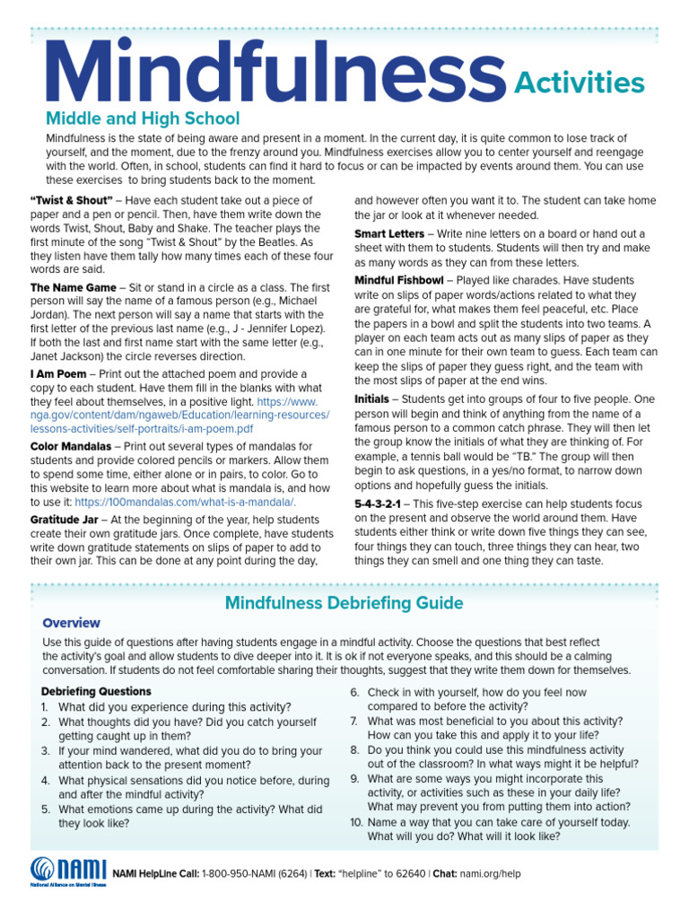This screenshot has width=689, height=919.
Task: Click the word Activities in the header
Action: click(579, 83)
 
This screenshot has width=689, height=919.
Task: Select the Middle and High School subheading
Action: click(143, 118)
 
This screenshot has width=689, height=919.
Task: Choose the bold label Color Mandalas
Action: click(71, 446)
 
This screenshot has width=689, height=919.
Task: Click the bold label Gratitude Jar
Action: click(68, 520)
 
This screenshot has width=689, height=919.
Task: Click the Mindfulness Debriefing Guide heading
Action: click(344, 602)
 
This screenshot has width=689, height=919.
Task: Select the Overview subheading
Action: click(71, 623)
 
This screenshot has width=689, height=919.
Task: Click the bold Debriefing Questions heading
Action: click(96, 691)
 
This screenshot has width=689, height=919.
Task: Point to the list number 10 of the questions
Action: click(355, 822)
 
